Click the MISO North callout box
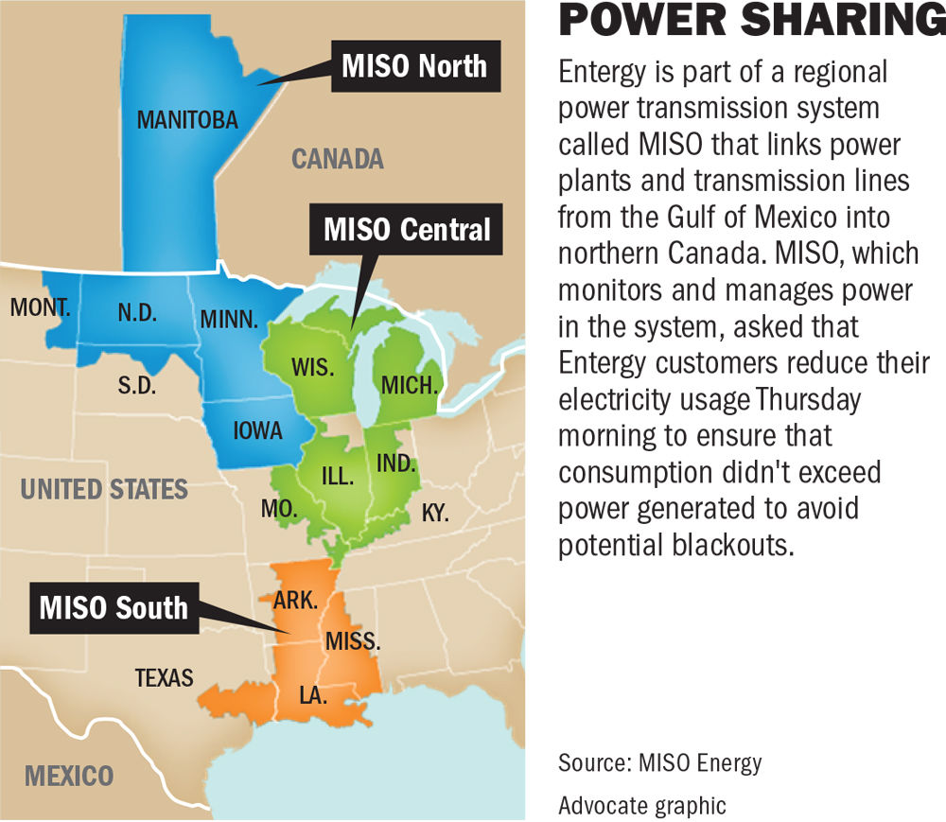413,66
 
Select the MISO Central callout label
408,230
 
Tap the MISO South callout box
114,606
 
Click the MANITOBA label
187,120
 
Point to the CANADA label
337,158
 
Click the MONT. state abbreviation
41,307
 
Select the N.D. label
137,313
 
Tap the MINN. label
229,320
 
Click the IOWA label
257,430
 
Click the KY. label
435,514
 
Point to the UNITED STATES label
104,489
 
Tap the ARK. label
294,601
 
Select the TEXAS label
164,677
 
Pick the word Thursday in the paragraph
807,398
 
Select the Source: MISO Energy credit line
658,761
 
